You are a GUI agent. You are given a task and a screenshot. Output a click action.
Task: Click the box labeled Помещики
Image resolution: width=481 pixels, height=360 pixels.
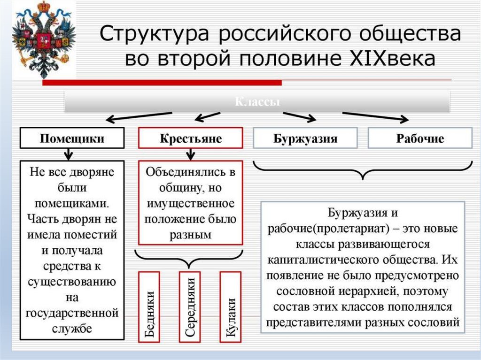72,138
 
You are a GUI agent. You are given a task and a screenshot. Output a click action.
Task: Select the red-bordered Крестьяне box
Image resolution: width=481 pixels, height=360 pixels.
190,138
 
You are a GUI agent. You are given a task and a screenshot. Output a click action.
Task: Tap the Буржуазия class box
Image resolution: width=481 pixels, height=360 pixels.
305,138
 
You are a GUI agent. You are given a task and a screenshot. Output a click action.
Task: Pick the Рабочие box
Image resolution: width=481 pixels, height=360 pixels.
420,138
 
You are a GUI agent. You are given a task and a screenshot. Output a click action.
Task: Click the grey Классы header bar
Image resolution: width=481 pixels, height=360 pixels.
257,102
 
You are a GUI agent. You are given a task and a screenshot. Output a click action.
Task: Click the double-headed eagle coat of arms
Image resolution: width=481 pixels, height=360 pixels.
43,38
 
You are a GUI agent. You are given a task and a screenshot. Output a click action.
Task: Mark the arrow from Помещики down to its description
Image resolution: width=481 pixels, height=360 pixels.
69,153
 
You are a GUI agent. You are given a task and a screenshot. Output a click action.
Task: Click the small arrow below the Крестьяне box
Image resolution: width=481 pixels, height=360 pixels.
190,153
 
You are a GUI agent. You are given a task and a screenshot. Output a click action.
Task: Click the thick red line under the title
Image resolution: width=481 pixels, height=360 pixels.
162,83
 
